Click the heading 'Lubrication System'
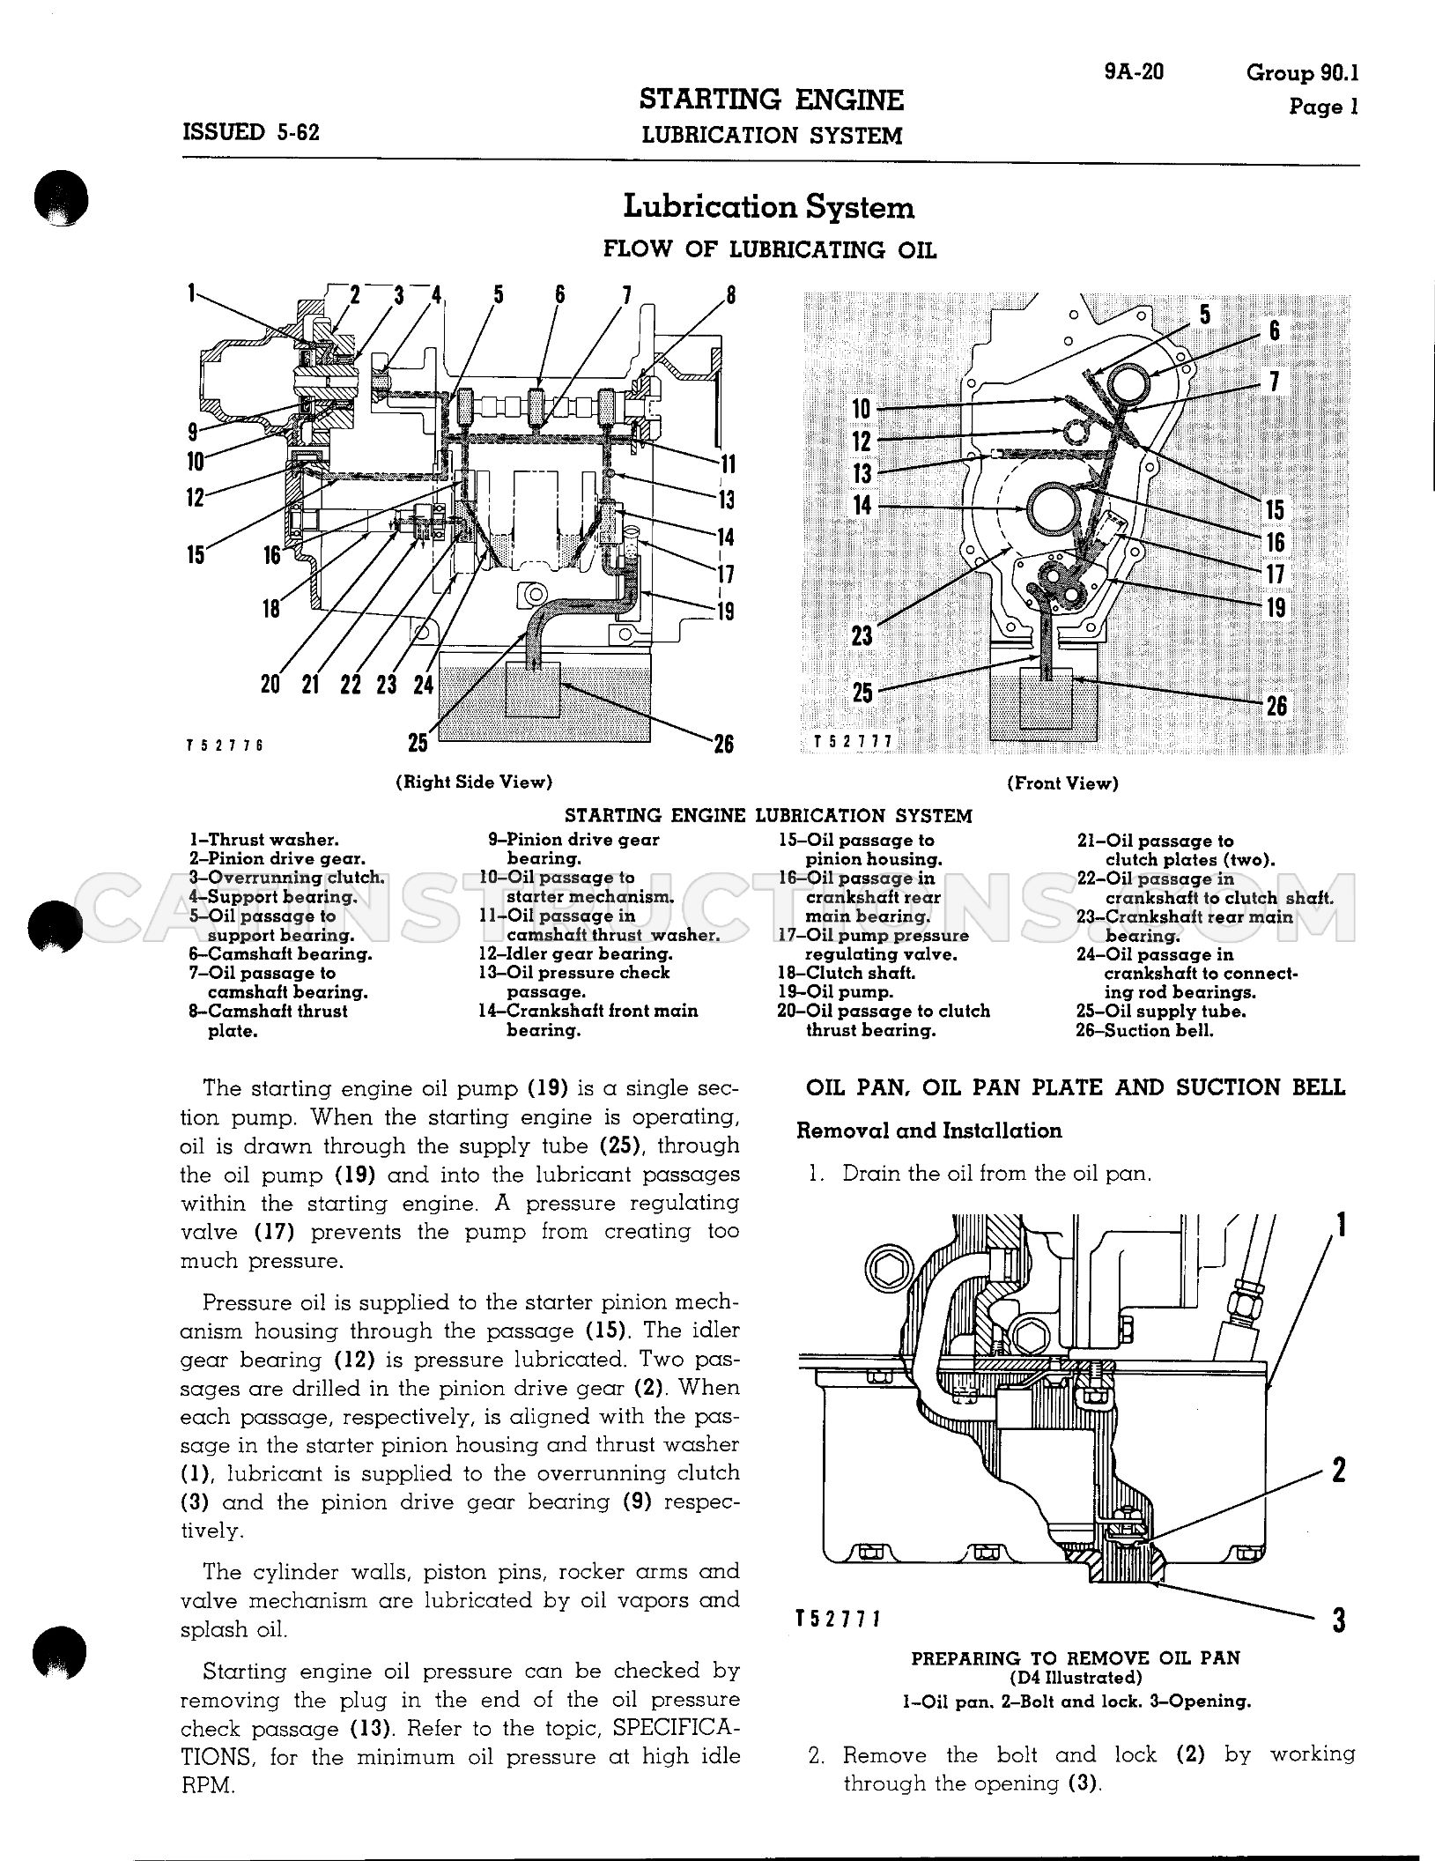(x=769, y=207)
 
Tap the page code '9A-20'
(x=1134, y=71)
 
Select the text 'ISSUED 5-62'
(x=250, y=132)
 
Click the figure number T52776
(x=226, y=745)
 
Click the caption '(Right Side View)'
(x=475, y=782)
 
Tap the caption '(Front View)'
(x=1063, y=782)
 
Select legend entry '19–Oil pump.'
(x=835, y=992)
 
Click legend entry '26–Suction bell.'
(x=1144, y=1030)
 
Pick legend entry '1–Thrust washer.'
(x=263, y=840)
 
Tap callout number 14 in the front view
(x=862, y=505)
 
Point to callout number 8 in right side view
(x=730, y=294)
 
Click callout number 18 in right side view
(x=271, y=607)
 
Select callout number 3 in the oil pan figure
(x=1338, y=1620)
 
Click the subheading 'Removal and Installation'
(x=929, y=1131)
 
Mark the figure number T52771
(x=839, y=1619)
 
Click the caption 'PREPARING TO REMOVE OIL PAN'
(x=1076, y=1657)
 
